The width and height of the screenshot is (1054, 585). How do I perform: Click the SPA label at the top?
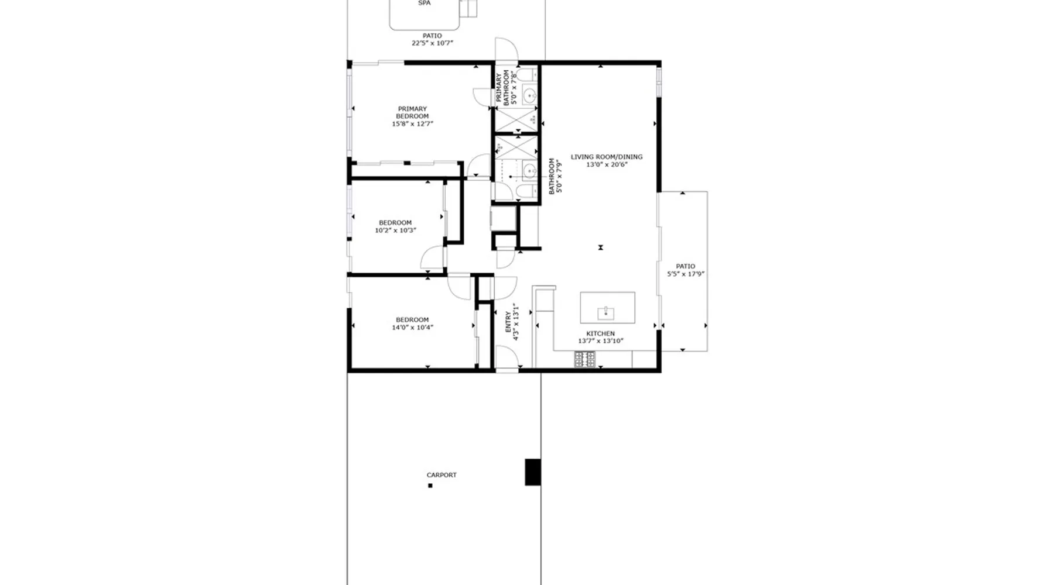(x=425, y=3)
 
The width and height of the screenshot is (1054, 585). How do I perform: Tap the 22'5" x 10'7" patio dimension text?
(x=432, y=43)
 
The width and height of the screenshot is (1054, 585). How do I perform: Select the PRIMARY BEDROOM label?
(x=412, y=112)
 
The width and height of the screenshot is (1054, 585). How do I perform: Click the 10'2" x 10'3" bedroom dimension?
(x=395, y=230)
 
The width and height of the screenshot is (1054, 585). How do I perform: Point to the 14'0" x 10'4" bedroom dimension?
(x=412, y=328)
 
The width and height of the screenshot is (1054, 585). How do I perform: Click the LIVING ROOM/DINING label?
(x=607, y=157)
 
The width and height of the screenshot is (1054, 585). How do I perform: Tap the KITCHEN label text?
(x=601, y=333)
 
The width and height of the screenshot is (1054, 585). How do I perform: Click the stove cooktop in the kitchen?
(x=584, y=359)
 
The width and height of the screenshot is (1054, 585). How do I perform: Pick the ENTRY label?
(x=508, y=322)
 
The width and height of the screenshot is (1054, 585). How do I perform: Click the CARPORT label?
(x=442, y=475)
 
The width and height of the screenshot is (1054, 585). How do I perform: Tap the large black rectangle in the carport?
(x=532, y=472)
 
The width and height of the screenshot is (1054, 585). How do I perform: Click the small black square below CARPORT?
(x=430, y=486)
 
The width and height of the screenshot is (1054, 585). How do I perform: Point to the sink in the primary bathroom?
(x=529, y=95)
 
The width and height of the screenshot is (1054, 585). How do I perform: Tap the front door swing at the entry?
(x=506, y=357)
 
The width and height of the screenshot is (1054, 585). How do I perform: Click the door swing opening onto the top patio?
(x=506, y=49)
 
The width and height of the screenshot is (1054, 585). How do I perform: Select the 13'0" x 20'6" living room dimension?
(x=607, y=165)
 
